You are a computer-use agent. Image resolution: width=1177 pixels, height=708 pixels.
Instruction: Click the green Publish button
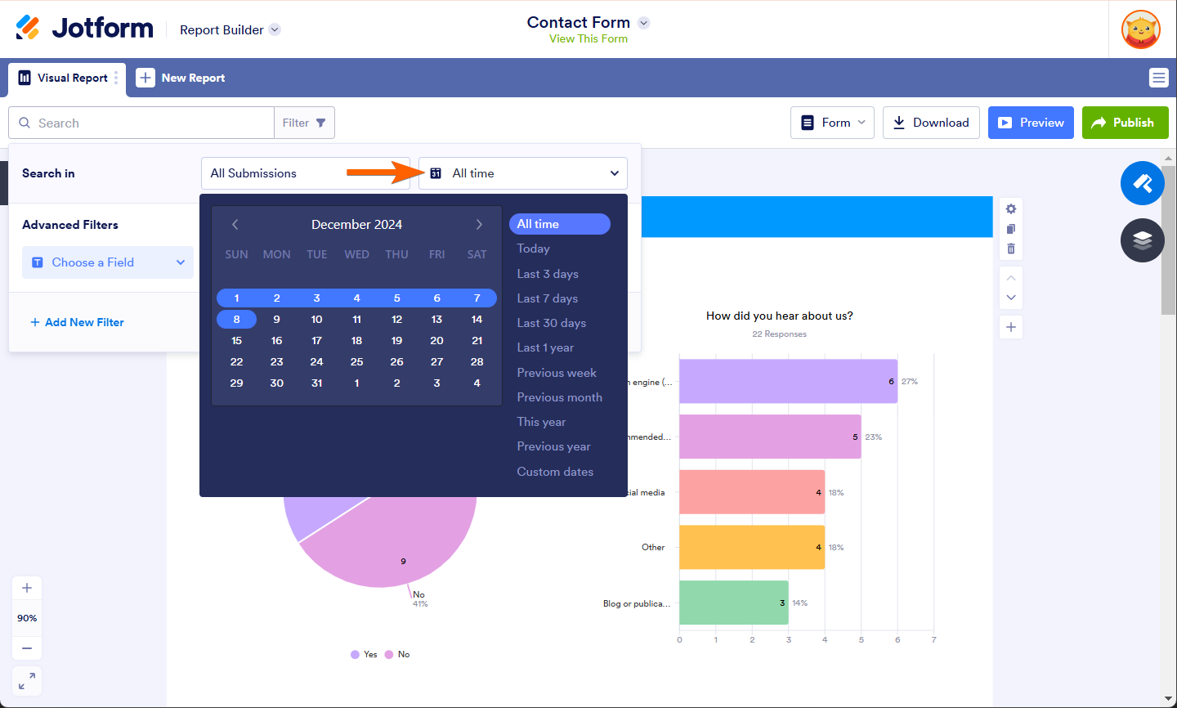tap(1125, 123)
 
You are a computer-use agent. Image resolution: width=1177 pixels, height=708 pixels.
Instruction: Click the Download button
tap(931, 123)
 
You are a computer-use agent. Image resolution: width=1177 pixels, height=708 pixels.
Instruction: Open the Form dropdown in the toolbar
tap(832, 123)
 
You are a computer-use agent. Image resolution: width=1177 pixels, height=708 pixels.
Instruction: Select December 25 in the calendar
tap(356, 361)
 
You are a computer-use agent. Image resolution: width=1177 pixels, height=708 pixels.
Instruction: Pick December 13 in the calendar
tap(436, 319)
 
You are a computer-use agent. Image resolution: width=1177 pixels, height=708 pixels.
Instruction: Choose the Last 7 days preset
tap(547, 298)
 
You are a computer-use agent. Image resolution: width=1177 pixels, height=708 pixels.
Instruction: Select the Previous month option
tap(559, 397)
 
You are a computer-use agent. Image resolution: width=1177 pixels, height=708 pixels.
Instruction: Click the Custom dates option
tap(555, 472)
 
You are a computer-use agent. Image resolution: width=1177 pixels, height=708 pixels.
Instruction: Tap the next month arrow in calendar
tap(479, 224)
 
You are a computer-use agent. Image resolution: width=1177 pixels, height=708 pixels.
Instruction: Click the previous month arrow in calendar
tap(235, 224)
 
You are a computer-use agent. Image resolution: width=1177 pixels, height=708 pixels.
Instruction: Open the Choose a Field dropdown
tap(108, 262)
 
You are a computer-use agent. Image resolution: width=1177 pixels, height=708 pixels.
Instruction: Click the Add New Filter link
tap(77, 322)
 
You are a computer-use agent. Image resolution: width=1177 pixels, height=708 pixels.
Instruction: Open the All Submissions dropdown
tap(305, 173)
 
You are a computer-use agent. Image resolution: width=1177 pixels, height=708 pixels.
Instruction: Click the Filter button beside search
tap(304, 123)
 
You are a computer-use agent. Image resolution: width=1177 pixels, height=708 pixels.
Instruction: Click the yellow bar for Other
tap(752, 547)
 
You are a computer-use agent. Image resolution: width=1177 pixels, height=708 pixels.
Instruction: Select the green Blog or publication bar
tap(733, 603)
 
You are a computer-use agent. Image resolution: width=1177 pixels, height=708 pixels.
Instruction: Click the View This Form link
tap(588, 38)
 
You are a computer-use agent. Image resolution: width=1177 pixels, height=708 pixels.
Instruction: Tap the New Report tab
tap(181, 78)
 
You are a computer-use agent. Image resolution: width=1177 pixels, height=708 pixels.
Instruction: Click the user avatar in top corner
tap(1140, 29)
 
